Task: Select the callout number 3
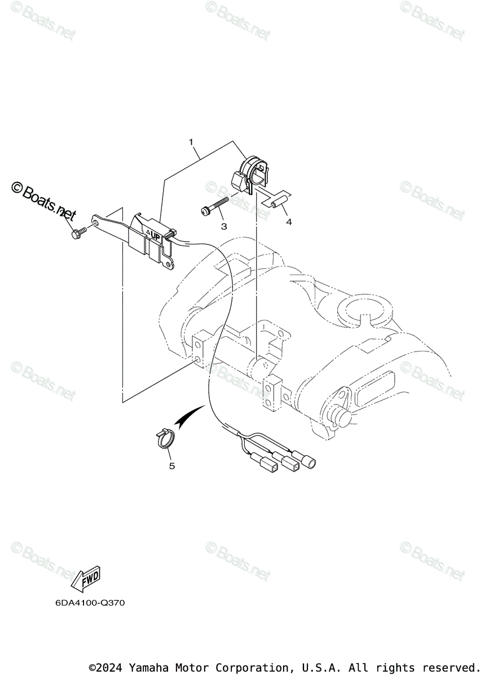click(x=224, y=226)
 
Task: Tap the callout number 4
click(x=289, y=222)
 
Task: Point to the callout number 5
click(x=172, y=466)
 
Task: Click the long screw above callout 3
click(x=215, y=206)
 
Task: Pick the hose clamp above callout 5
click(x=164, y=438)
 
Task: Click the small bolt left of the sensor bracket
click(x=78, y=233)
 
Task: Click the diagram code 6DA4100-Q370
click(x=90, y=603)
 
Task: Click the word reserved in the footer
click(x=450, y=668)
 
